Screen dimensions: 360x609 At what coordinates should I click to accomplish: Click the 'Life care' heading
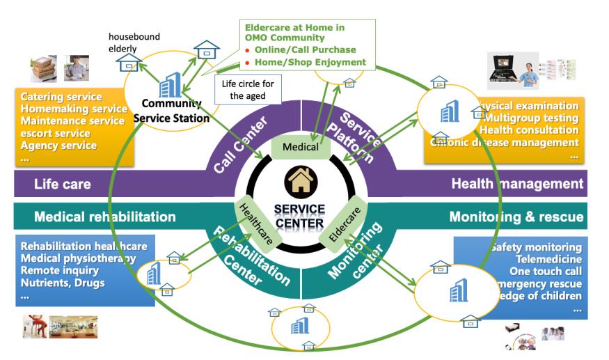coord(63,184)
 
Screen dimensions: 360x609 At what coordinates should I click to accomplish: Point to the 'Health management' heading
coord(516,184)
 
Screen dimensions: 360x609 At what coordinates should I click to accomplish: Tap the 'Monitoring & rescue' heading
coord(516,217)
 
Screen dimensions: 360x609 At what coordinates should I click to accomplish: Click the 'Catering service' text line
coord(61,97)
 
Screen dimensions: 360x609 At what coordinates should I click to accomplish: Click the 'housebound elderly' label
coord(134,43)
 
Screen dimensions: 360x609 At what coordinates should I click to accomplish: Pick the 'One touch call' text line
coord(545,271)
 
